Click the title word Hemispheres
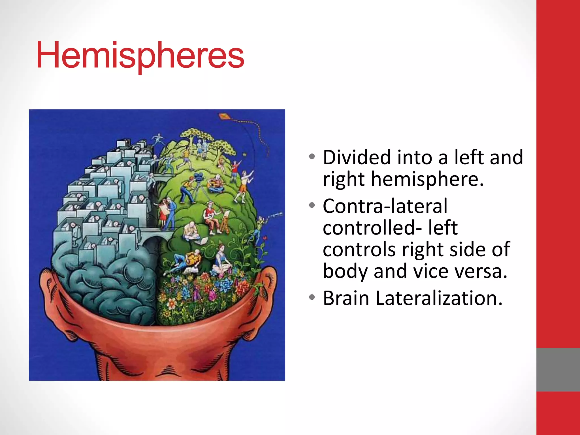click(x=140, y=55)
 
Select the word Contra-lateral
click(x=385, y=206)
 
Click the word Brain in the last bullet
click(x=346, y=298)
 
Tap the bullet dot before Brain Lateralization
click(x=312, y=298)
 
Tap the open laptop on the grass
click(x=202, y=241)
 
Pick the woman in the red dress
click(x=163, y=212)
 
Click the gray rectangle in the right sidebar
click(x=558, y=370)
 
